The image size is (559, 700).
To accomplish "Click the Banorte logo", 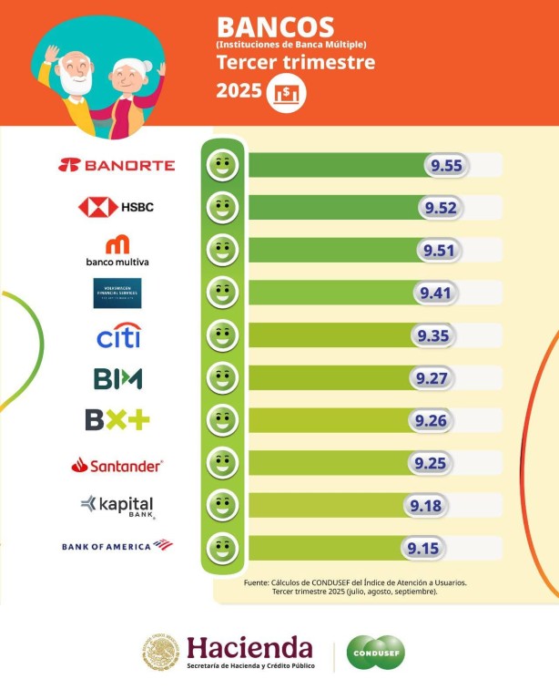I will (117, 165).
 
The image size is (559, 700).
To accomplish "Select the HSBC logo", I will (116, 207).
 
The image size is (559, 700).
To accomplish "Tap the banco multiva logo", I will (117, 252).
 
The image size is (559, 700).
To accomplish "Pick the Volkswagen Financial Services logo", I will (117, 293).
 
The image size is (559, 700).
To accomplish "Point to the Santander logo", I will (117, 465).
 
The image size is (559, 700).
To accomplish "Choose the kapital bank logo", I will (117, 506).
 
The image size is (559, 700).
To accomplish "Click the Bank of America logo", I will (117, 545).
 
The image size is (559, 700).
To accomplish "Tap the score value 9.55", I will (447, 165).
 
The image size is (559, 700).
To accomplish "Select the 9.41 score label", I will (435, 293).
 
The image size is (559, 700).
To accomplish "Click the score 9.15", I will (422, 548).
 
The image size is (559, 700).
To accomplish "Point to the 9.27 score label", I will (430, 378).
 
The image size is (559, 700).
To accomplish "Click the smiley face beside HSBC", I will (221, 208).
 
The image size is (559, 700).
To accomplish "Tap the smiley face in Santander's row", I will (221, 463).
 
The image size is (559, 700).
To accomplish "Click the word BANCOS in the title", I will (275, 26).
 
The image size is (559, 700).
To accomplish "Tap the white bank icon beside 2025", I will (287, 93).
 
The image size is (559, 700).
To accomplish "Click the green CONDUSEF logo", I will (375, 652).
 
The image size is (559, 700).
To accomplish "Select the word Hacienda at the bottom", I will (249, 648).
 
